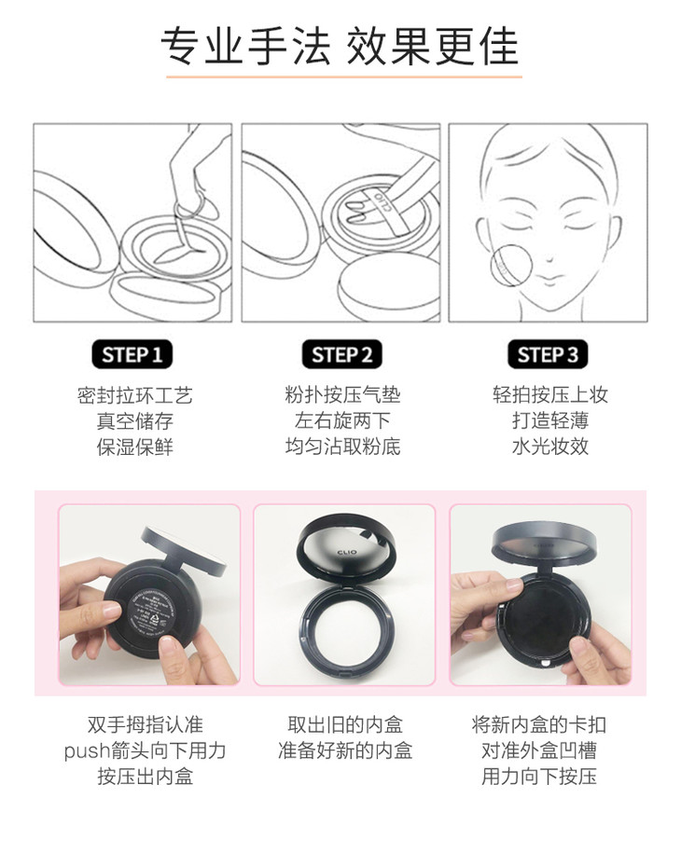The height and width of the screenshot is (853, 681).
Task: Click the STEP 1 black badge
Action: coord(132,354)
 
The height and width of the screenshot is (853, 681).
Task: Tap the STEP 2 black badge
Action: coord(341,354)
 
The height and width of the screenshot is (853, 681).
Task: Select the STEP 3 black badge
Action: coord(548,354)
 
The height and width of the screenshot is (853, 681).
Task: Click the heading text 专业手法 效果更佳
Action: coord(340,46)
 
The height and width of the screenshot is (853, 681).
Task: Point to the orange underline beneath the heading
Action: coord(344,76)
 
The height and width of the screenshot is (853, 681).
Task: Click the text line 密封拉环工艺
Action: coord(135,395)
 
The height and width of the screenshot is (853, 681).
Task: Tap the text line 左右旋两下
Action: coord(342,420)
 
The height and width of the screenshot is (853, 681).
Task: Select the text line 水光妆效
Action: coord(550,447)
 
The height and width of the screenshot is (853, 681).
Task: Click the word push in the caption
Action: coord(87,751)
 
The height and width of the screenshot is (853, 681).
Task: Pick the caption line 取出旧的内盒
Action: coord(345,724)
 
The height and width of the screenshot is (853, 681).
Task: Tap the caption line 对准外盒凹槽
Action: coord(539,750)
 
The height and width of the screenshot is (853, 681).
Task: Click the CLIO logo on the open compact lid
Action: coord(347,553)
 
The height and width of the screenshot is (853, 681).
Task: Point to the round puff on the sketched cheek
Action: coord(511,265)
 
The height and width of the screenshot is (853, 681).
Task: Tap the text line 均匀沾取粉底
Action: coord(343,447)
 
